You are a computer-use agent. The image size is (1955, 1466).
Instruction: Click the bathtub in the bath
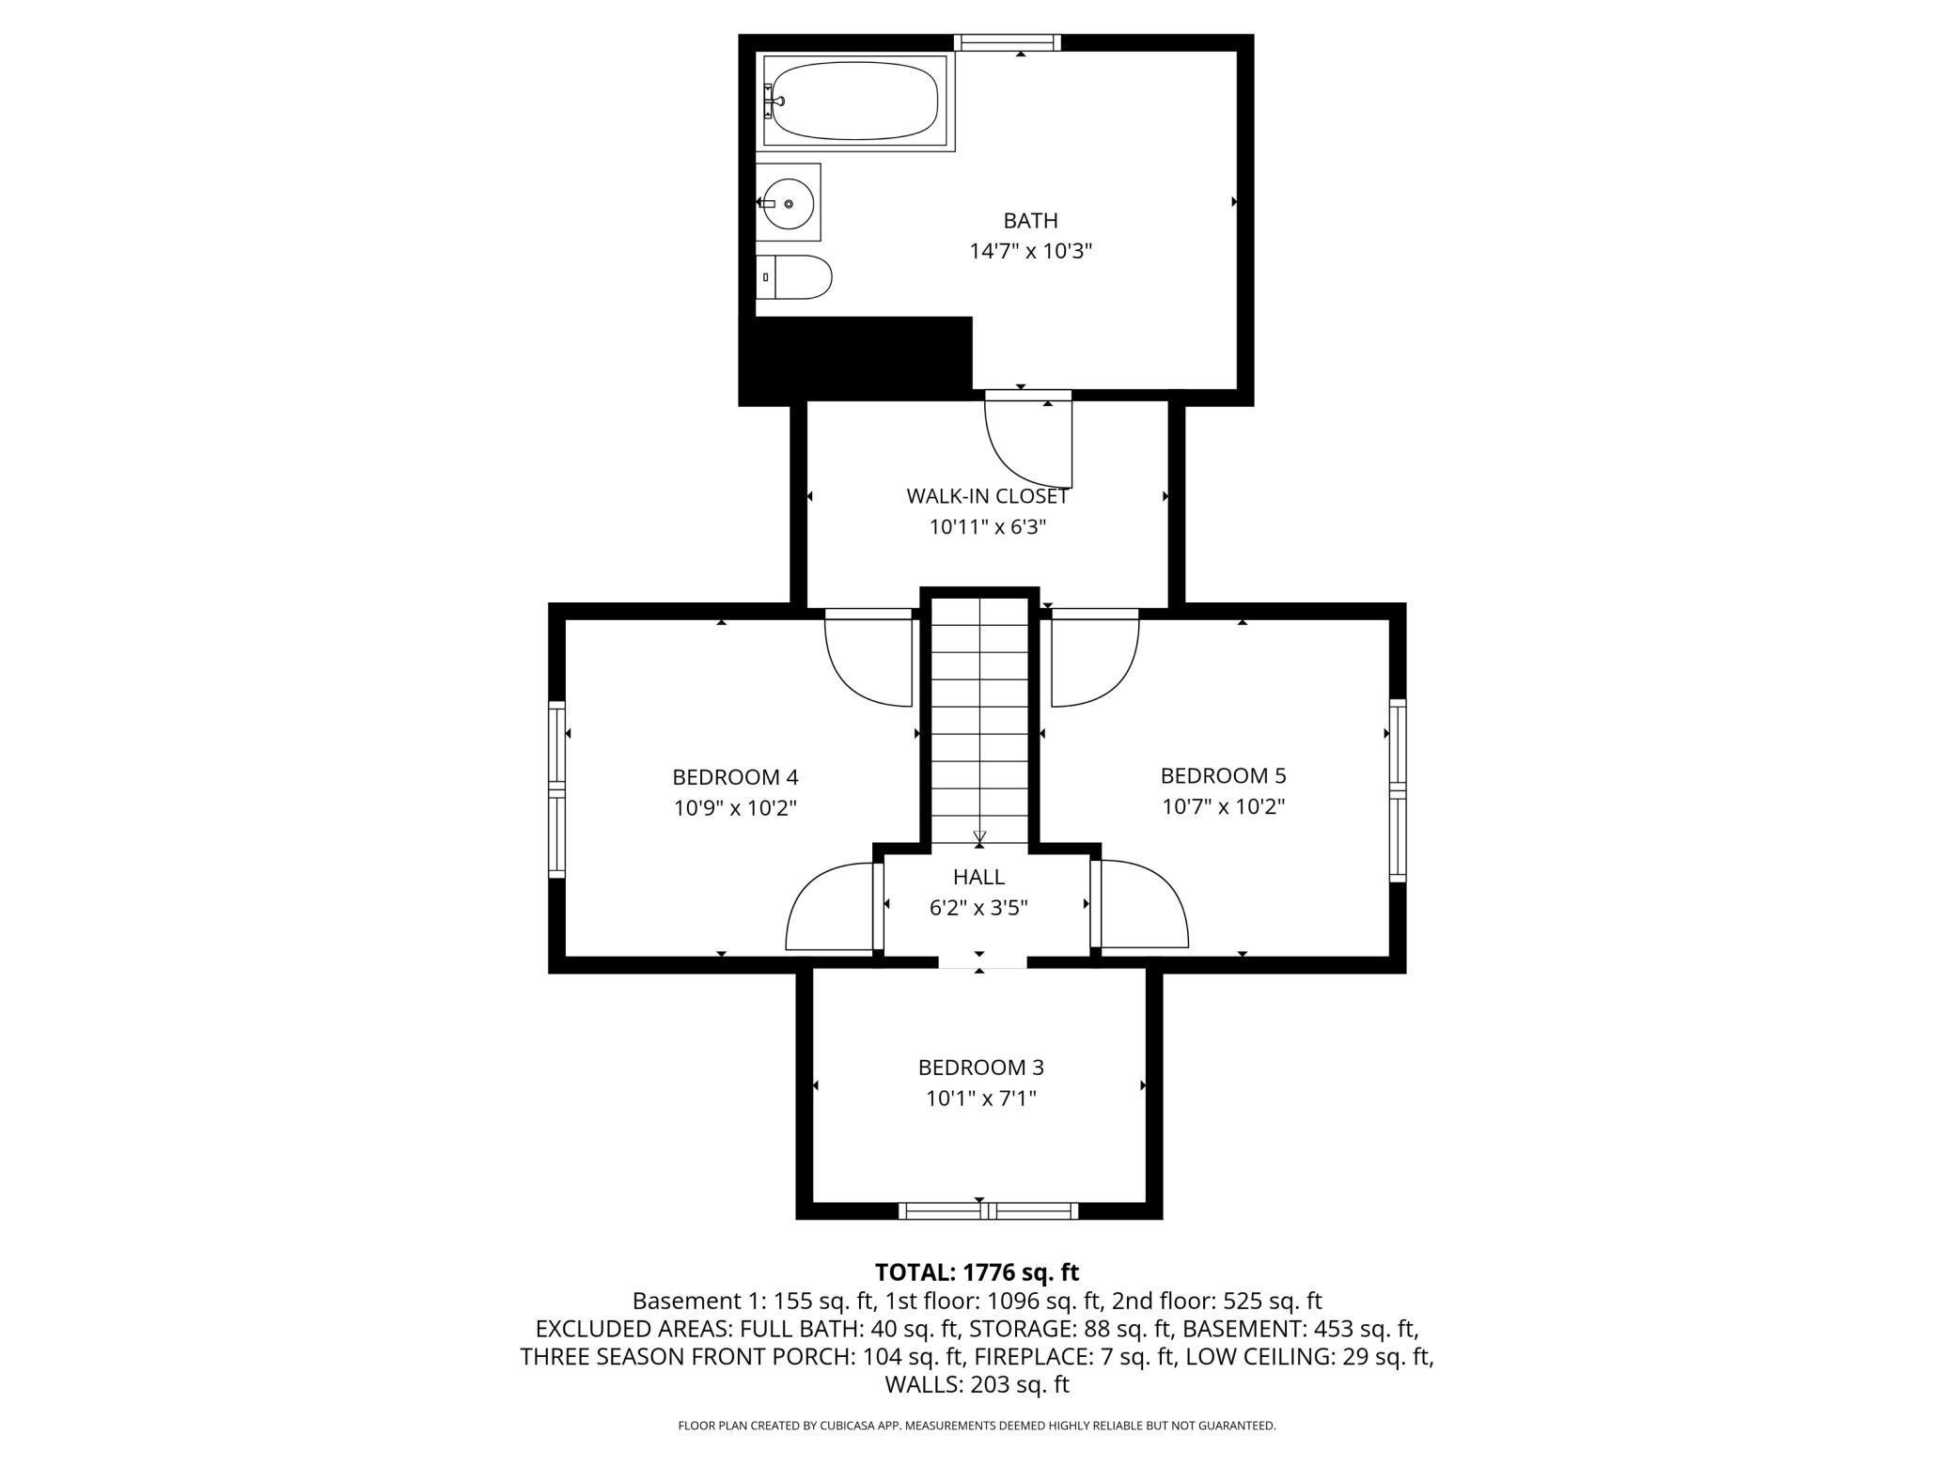(858, 101)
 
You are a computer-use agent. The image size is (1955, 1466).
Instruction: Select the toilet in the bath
(794, 277)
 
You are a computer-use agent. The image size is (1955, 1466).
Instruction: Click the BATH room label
(1031, 221)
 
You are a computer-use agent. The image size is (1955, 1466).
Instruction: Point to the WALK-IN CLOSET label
(987, 496)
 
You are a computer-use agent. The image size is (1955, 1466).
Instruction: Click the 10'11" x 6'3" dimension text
(988, 527)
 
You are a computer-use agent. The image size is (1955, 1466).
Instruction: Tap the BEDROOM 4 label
(735, 777)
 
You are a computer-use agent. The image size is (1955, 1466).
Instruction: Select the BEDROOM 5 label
(1223, 775)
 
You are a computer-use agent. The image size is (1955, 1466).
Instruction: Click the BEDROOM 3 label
(980, 1068)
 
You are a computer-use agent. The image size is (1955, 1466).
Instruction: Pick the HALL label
(978, 877)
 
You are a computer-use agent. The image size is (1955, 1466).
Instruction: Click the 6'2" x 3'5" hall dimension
(978, 908)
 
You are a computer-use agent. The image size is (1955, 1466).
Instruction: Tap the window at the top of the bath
(1008, 42)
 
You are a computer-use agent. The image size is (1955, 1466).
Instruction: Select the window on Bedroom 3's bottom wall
(988, 1211)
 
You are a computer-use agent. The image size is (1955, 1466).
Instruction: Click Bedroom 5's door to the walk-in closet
(1095, 658)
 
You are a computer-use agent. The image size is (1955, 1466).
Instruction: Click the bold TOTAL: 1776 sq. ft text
(977, 1272)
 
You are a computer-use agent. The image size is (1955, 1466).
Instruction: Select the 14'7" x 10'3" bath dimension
(1031, 252)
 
